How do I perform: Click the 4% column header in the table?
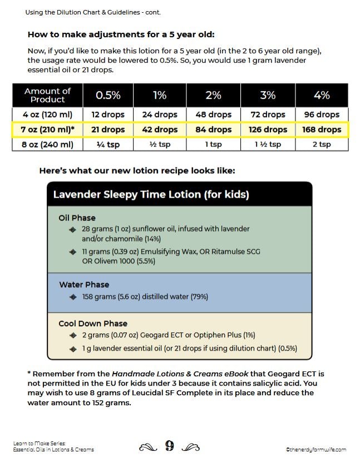point(322,95)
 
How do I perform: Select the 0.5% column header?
point(108,95)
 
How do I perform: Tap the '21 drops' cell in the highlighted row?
point(108,130)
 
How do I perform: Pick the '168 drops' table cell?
point(322,130)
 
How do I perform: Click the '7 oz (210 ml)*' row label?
point(48,130)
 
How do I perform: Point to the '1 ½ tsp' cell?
point(268,144)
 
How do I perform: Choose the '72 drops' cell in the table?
point(268,115)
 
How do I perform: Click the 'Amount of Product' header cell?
point(48,95)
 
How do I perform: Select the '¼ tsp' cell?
point(108,144)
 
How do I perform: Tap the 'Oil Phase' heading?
point(77,218)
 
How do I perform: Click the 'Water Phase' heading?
point(84,284)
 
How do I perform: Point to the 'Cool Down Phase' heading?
point(93,323)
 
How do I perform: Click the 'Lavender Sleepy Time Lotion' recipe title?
point(151,194)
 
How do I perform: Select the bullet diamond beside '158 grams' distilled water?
point(73,297)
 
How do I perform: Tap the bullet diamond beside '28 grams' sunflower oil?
point(73,229)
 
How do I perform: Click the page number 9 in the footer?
point(170,446)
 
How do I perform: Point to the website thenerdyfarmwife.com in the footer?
point(315,449)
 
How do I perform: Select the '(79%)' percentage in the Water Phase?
point(199,297)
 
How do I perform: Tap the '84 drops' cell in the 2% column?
point(214,130)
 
